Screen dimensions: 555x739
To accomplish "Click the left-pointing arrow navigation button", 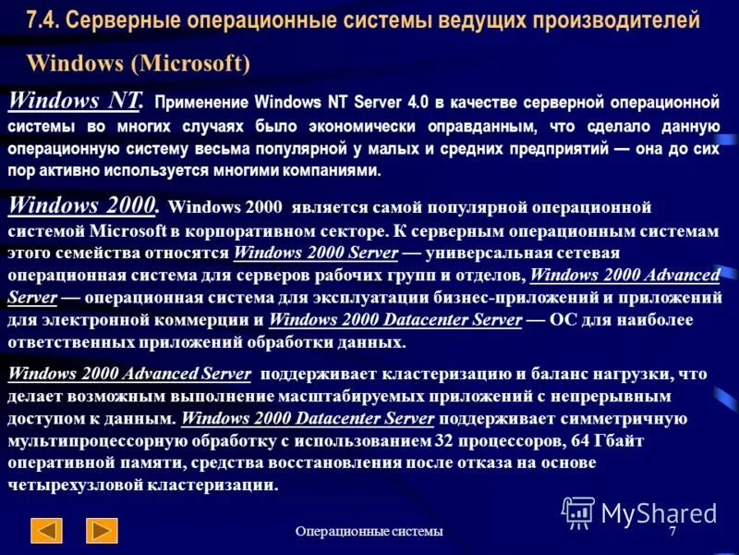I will coord(46,530).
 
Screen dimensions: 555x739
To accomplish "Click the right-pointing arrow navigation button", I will coord(102,530).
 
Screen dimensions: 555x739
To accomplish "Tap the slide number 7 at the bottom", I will coord(672,531).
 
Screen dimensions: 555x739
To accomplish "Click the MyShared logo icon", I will coord(578,512).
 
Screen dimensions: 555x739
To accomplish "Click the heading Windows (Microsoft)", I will coord(139,63).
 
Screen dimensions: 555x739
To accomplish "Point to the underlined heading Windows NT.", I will coord(75,100).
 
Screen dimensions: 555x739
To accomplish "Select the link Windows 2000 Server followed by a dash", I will coord(316,253).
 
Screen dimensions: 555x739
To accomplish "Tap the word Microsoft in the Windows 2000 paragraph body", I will coord(127,229).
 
